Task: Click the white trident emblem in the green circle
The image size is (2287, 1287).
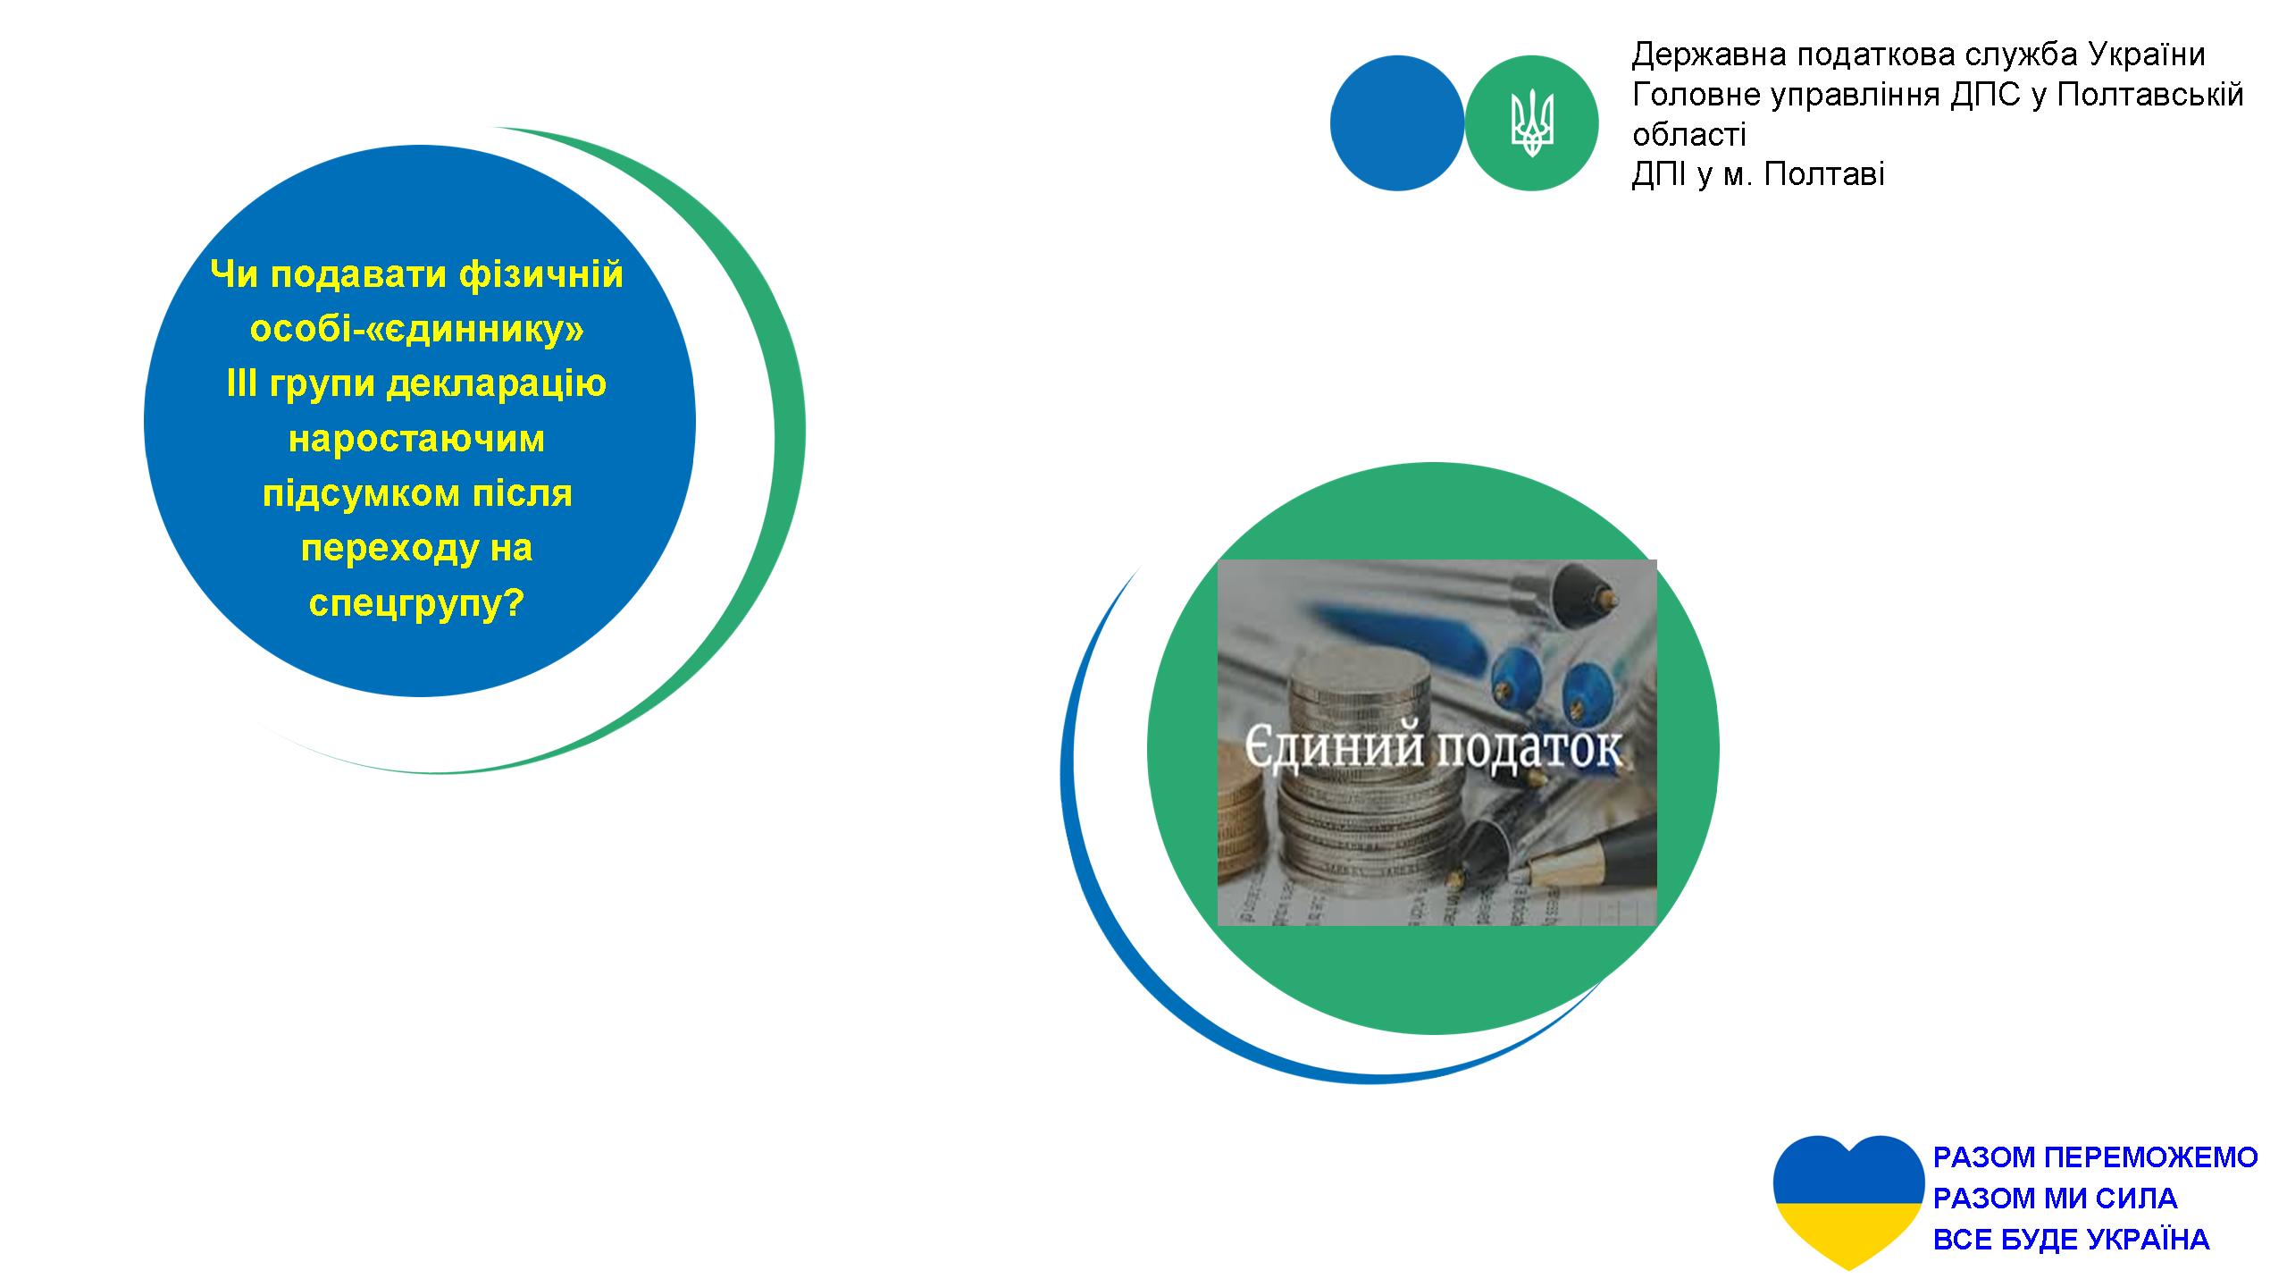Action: (x=1531, y=123)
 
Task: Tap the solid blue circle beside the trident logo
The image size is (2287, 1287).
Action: (x=1397, y=123)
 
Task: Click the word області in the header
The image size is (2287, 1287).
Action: (x=1688, y=134)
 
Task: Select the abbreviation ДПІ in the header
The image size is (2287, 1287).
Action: (x=1660, y=173)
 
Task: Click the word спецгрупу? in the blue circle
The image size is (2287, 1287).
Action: (x=416, y=604)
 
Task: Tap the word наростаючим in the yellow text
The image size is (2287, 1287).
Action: (x=416, y=439)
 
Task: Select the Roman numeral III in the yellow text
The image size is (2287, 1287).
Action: (x=241, y=384)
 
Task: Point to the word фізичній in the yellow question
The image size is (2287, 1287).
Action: (x=540, y=274)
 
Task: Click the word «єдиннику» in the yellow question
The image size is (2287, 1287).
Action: (x=416, y=329)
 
